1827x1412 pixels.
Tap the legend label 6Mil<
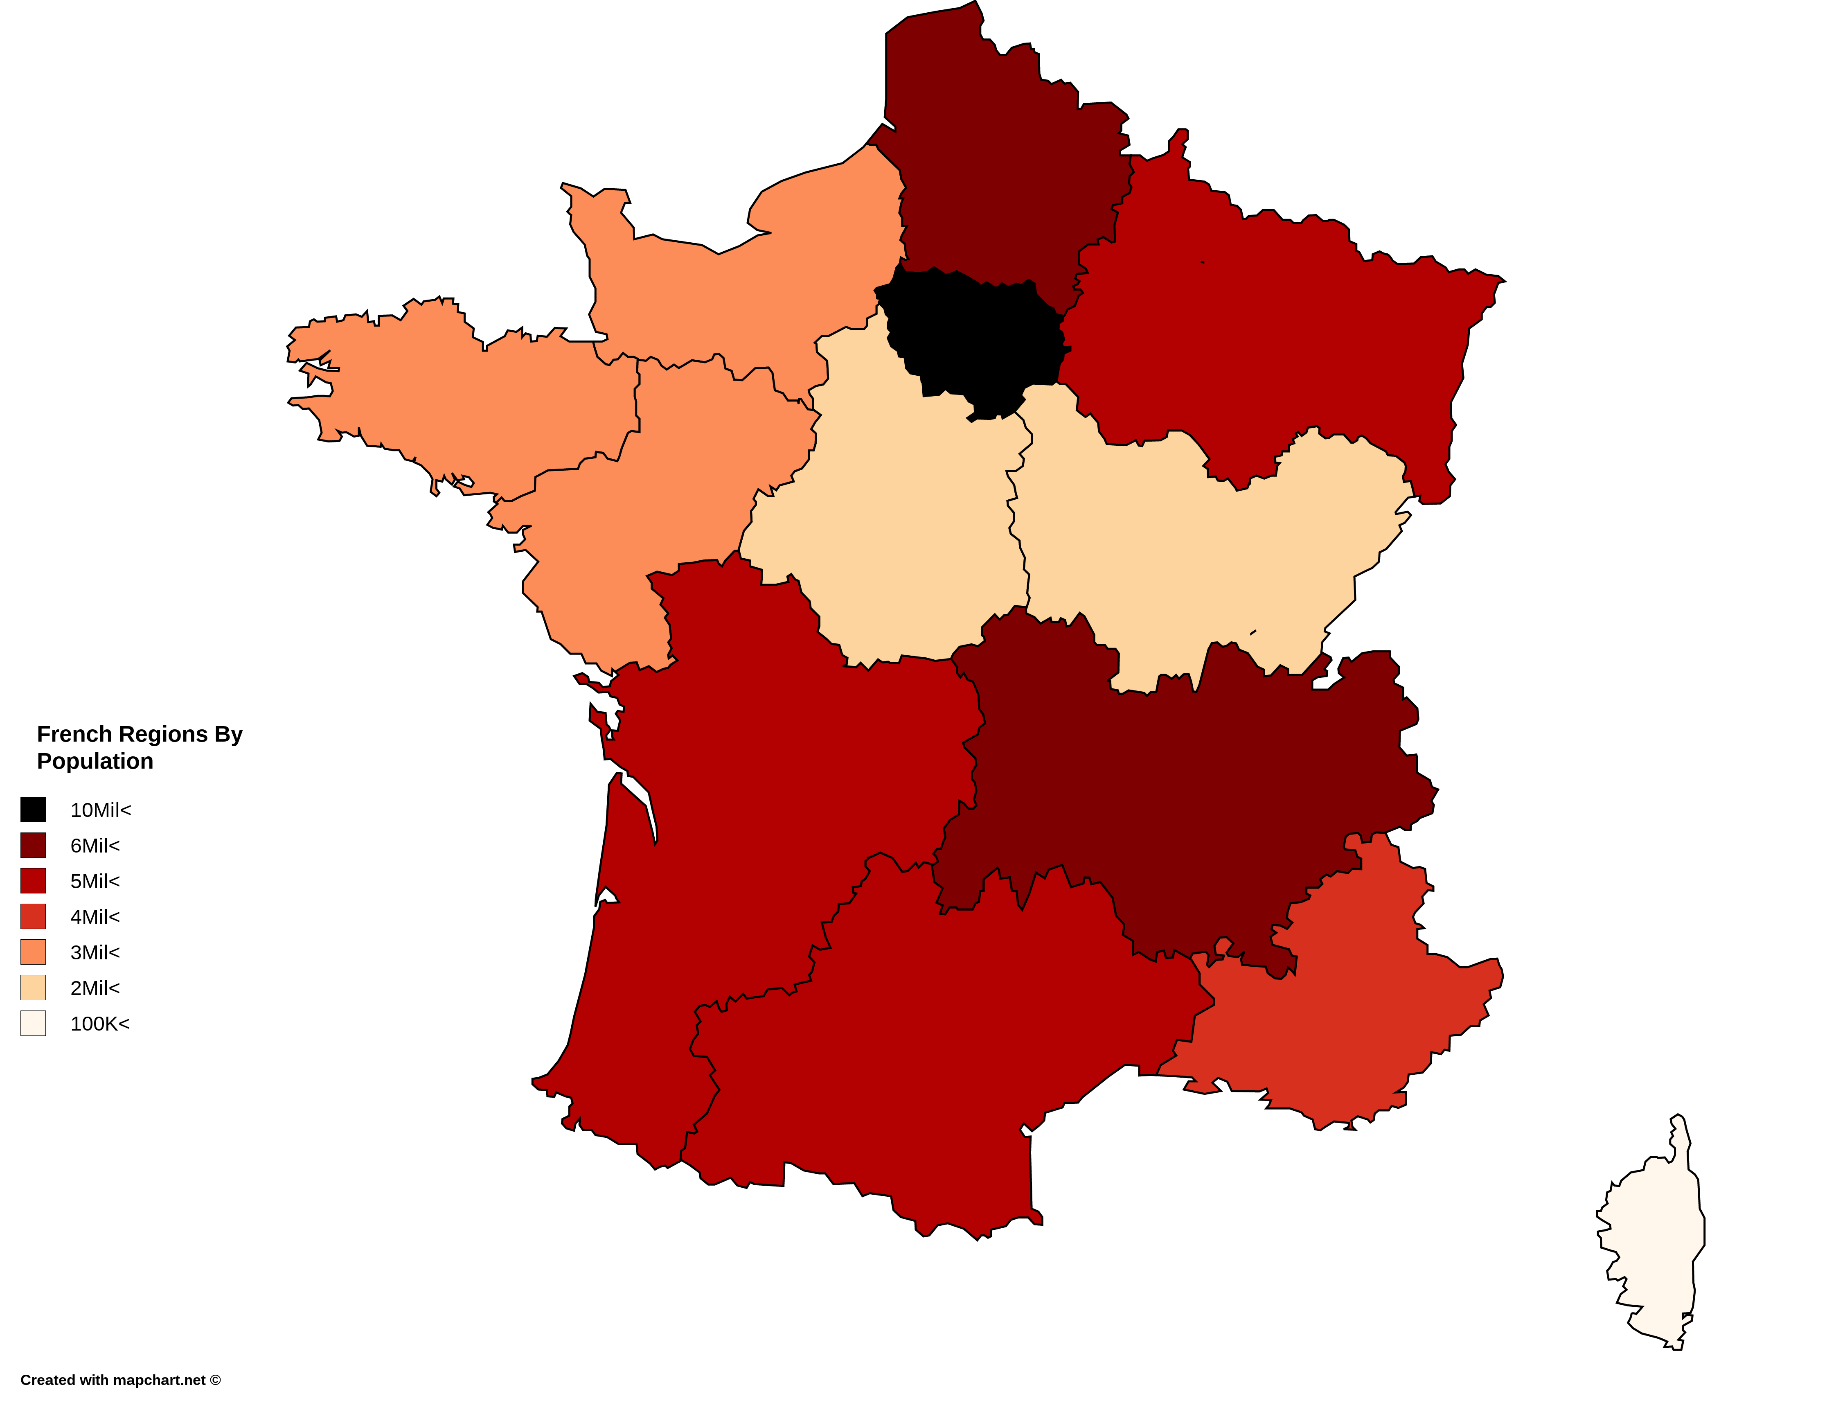click(x=95, y=846)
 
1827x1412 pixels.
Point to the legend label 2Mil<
click(x=95, y=988)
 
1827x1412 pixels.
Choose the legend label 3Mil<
click(x=95, y=953)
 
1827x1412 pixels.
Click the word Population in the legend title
click(x=95, y=761)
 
